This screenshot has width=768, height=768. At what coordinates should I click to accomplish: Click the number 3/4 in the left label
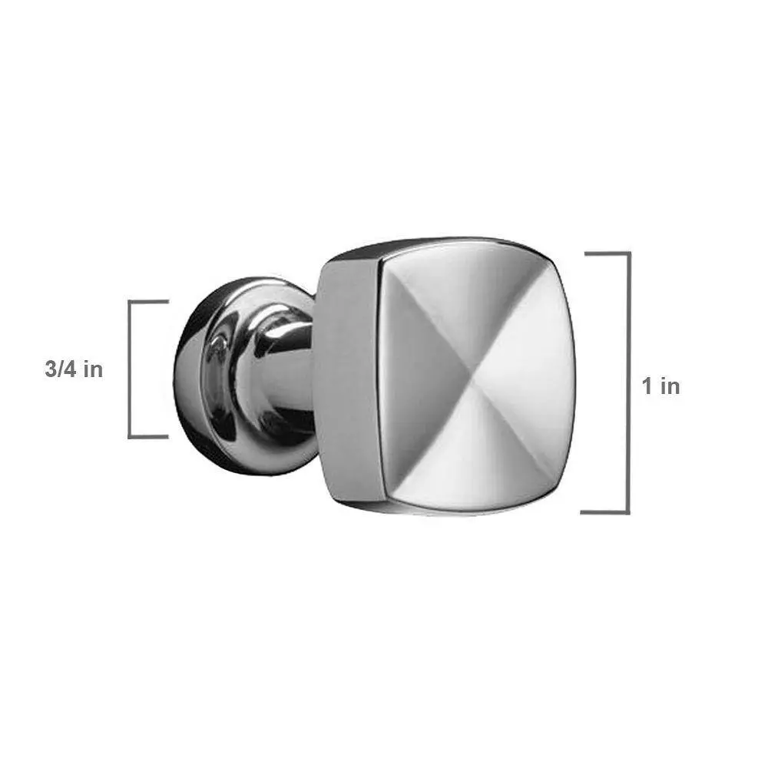[x=61, y=369]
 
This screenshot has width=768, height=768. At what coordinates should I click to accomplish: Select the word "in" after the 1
[x=670, y=386]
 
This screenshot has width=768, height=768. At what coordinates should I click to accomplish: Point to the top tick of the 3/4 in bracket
[x=148, y=301]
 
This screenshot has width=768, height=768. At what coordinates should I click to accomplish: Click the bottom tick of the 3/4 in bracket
[x=148, y=436]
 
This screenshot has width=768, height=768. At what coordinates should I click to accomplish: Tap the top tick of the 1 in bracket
[x=607, y=253]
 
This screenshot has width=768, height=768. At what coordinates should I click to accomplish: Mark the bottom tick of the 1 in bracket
[x=605, y=512]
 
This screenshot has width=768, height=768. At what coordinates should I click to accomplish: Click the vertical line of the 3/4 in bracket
[x=130, y=369]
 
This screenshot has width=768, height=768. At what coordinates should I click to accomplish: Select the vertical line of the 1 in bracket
[x=628, y=383]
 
